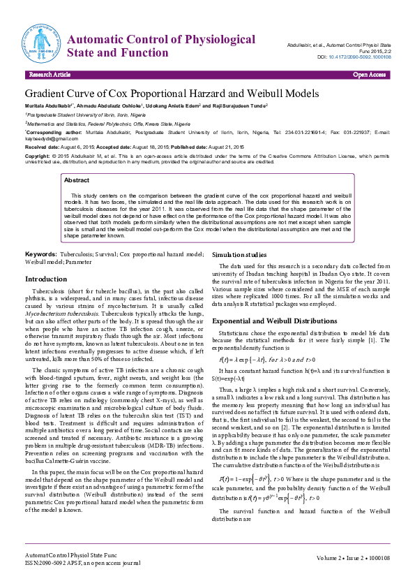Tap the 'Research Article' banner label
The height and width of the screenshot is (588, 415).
[x=50, y=74]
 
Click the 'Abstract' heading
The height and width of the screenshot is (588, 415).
[x=77, y=180]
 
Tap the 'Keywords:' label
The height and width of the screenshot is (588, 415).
[x=40, y=253]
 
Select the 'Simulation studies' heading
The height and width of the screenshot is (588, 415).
[x=239, y=255]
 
